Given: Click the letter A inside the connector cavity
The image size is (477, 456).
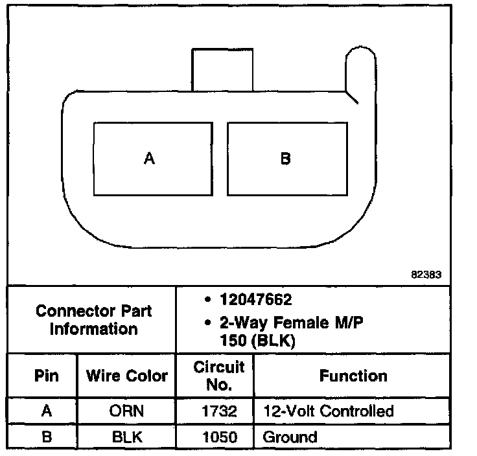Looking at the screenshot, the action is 150,158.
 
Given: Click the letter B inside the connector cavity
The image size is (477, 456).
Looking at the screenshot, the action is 285,158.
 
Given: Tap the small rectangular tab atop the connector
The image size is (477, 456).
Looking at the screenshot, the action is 222,69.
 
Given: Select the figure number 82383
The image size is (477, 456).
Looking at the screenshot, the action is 426,274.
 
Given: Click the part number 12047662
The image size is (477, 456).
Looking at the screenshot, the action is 255,300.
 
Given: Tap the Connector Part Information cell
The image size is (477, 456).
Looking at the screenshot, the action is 93,319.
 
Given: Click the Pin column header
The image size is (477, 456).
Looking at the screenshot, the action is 46,376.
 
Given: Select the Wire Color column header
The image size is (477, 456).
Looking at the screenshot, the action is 127,376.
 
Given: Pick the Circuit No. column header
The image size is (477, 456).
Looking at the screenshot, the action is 219,376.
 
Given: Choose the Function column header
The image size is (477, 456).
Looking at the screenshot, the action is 353,376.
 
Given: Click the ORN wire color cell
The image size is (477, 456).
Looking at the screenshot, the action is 127,411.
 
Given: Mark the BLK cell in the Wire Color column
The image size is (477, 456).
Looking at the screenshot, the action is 127,437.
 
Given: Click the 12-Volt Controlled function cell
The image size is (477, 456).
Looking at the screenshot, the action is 328,411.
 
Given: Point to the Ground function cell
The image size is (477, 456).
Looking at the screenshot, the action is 290,437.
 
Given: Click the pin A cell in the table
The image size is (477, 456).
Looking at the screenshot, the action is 46,411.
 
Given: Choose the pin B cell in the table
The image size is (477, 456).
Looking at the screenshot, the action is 46,437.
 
